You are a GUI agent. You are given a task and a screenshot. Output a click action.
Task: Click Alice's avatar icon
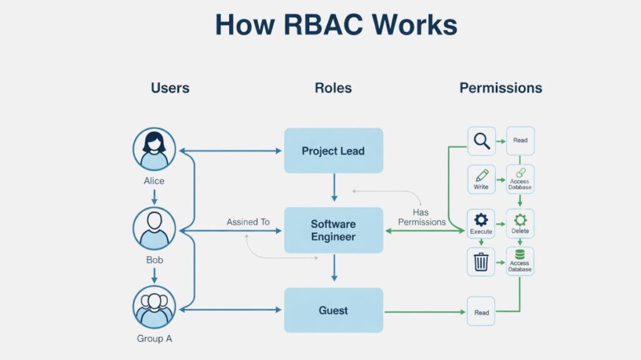[x=154, y=149]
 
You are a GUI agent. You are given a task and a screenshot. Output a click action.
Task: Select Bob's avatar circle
[x=154, y=229]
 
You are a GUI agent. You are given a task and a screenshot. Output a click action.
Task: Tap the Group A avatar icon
[x=154, y=307]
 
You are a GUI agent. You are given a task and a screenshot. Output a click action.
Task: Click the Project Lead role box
[x=334, y=150]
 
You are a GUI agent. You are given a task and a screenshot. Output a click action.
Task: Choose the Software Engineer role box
[x=334, y=230]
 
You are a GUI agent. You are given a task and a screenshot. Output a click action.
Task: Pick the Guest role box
[x=334, y=310]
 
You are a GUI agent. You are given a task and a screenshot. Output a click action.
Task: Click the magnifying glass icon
[x=481, y=141]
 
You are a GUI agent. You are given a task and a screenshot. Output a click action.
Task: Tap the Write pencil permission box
[x=481, y=179]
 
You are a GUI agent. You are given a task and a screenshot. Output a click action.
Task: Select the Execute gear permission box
[x=481, y=224]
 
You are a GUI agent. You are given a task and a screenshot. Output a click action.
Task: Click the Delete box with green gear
[x=520, y=224]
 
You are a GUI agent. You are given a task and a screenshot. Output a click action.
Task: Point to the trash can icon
[x=481, y=262]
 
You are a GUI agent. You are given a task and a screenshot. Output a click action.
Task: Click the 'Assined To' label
[x=248, y=222]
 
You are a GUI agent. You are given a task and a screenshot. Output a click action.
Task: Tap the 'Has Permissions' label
[x=422, y=217]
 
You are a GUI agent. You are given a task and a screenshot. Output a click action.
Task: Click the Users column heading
[x=170, y=88]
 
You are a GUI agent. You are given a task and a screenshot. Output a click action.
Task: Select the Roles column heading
[x=333, y=88]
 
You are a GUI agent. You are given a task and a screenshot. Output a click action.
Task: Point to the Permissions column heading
[x=501, y=88]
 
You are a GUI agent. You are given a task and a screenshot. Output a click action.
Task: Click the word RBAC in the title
[x=323, y=24]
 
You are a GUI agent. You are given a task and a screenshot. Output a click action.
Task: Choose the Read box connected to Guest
[x=481, y=312]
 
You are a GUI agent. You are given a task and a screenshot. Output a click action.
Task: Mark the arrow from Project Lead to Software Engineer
[x=334, y=187]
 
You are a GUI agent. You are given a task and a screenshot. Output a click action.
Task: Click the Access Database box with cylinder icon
[x=520, y=261]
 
